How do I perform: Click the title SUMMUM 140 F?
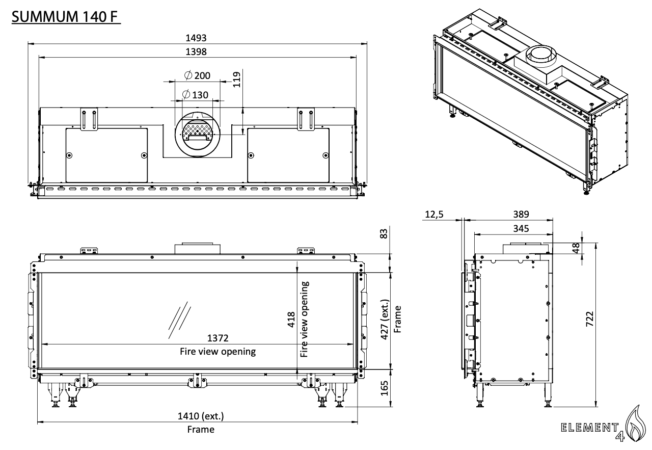point(66,17)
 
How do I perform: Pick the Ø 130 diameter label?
point(196,95)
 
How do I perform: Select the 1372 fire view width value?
point(218,338)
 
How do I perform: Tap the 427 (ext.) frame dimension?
point(385,320)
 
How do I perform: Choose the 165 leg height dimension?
point(385,388)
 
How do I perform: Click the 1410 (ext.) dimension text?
point(200,416)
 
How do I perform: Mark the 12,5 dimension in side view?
point(433,215)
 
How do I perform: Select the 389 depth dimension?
point(521,215)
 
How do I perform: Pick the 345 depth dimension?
point(521,228)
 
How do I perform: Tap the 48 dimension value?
point(576,248)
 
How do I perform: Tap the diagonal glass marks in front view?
point(178,321)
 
